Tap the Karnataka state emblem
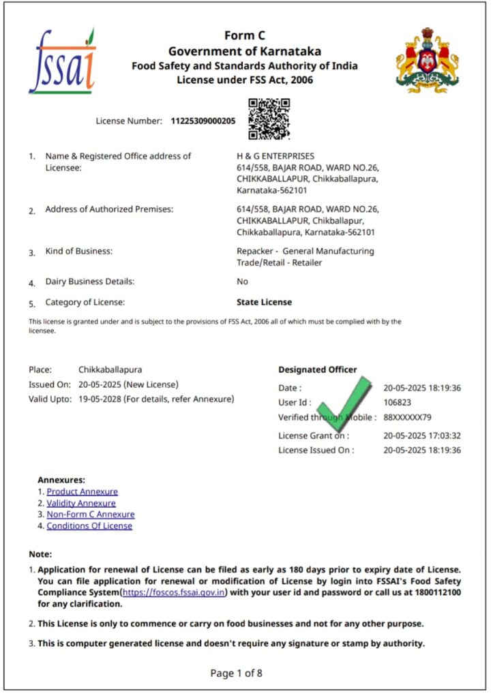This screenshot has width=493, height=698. pos(428,61)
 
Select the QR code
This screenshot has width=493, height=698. pos(269,119)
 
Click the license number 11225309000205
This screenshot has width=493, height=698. pos(203,121)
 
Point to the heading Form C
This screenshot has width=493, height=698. pos(245,36)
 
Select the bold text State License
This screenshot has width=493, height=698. pos(264,302)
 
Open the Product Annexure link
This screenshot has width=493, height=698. pos(82,491)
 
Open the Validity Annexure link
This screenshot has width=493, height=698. pos(81,503)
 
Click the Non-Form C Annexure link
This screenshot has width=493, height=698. pos(91,515)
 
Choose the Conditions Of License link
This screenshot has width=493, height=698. pos(89,526)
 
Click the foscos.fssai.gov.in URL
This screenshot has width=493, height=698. pos(175,593)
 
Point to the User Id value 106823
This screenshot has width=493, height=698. pos(398,403)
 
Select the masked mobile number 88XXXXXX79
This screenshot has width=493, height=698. pos(407,417)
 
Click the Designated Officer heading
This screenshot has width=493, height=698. pos(317,369)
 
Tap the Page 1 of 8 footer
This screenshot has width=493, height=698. pos(236,673)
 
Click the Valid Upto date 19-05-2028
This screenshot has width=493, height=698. pos(100,399)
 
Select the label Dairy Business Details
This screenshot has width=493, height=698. pos(89,282)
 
